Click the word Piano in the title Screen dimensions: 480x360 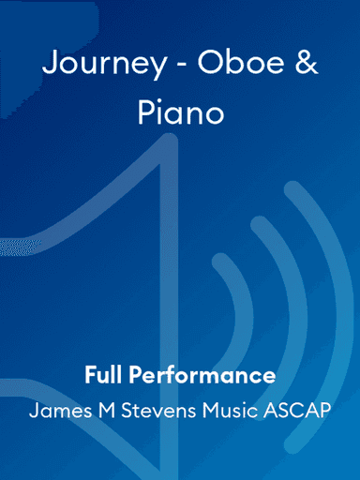(180, 114)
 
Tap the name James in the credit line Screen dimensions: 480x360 (55, 410)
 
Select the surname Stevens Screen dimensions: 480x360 (147, 410)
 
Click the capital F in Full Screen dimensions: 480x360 (89, 376)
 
